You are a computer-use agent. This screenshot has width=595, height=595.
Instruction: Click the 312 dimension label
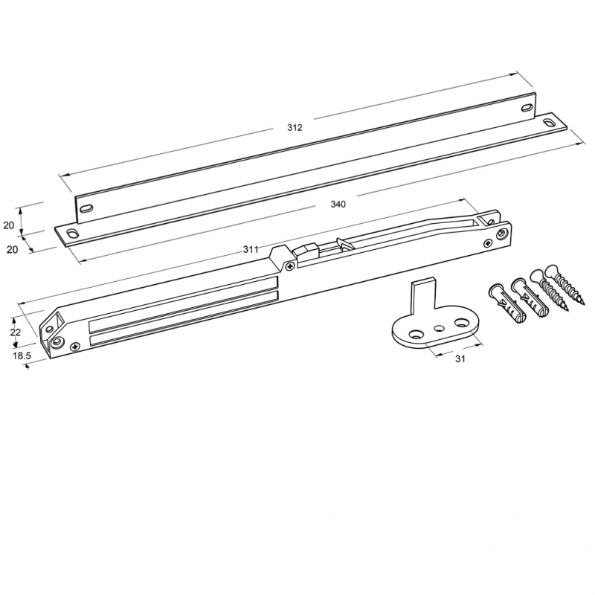(295, 127)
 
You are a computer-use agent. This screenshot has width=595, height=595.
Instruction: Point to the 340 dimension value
(338, 204)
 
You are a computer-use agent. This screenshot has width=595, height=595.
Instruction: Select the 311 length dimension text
(251, 249)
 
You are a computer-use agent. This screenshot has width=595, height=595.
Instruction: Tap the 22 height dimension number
(15, 332)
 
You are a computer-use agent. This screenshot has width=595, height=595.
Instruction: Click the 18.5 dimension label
(22, 356)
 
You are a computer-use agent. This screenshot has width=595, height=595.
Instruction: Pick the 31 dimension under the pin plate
(460, 358)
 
